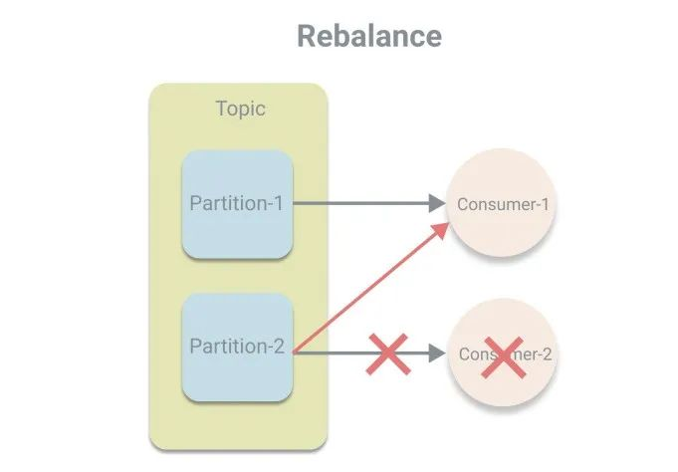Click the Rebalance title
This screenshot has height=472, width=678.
369,36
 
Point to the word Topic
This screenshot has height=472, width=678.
240,109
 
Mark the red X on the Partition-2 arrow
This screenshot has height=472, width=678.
388,354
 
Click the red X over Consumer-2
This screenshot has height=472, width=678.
503,355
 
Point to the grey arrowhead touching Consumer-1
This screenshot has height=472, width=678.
435,203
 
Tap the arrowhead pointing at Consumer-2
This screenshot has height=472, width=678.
435,354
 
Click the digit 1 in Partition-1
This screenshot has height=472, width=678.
279,203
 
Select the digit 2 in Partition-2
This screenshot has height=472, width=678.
279,347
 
